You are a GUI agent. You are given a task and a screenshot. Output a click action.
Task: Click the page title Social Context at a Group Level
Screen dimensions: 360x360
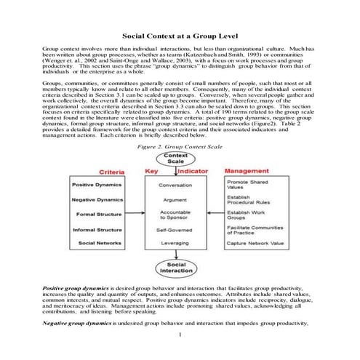[x=180, y=34]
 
